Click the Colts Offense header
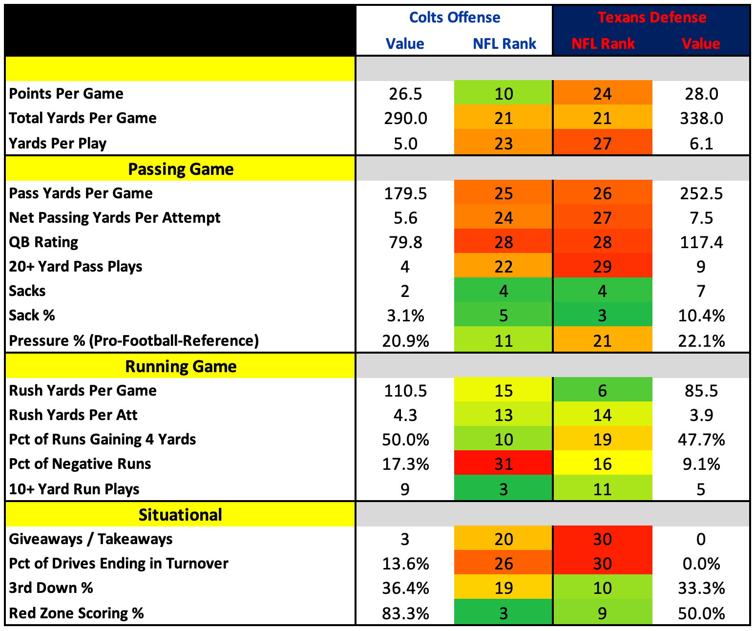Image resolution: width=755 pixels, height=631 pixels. [x=455, y=18]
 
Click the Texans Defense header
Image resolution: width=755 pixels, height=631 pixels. [x=651, y=18]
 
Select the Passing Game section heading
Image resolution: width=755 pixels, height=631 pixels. [x=181, y=169]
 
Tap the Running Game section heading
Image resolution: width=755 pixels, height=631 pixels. [x=181, y=366]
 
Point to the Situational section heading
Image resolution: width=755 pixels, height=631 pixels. [x=180, y=515]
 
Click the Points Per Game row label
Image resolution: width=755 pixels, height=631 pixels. [x=66, y=94]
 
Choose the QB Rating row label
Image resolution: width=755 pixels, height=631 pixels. [x=43, y=242]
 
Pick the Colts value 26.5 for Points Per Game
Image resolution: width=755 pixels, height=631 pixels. [x=405, y=94]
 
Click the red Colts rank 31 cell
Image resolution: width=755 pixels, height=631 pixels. [x=503, y=463]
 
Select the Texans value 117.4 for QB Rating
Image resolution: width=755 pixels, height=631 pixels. [x=701, y=242]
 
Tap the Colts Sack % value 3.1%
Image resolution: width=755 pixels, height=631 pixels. [x=405, y=315]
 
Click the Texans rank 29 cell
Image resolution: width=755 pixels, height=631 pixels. [x=603, y=267]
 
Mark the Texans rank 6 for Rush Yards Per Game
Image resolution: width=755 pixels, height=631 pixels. [x=603, y=391]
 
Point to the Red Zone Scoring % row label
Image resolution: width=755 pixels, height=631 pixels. [x=76, y=613]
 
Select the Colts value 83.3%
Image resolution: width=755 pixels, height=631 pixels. [x=405, y=613]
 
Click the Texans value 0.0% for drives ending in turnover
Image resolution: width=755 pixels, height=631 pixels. [x=701, y=564]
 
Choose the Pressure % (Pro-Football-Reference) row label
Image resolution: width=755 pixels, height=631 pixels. [x=134, y=340]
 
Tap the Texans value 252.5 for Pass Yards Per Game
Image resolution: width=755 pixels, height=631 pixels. [x=701, y=193]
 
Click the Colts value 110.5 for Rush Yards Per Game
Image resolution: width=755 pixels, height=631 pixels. [x=405, y=391]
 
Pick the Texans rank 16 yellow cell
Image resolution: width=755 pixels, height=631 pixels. [x=603, y=463]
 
